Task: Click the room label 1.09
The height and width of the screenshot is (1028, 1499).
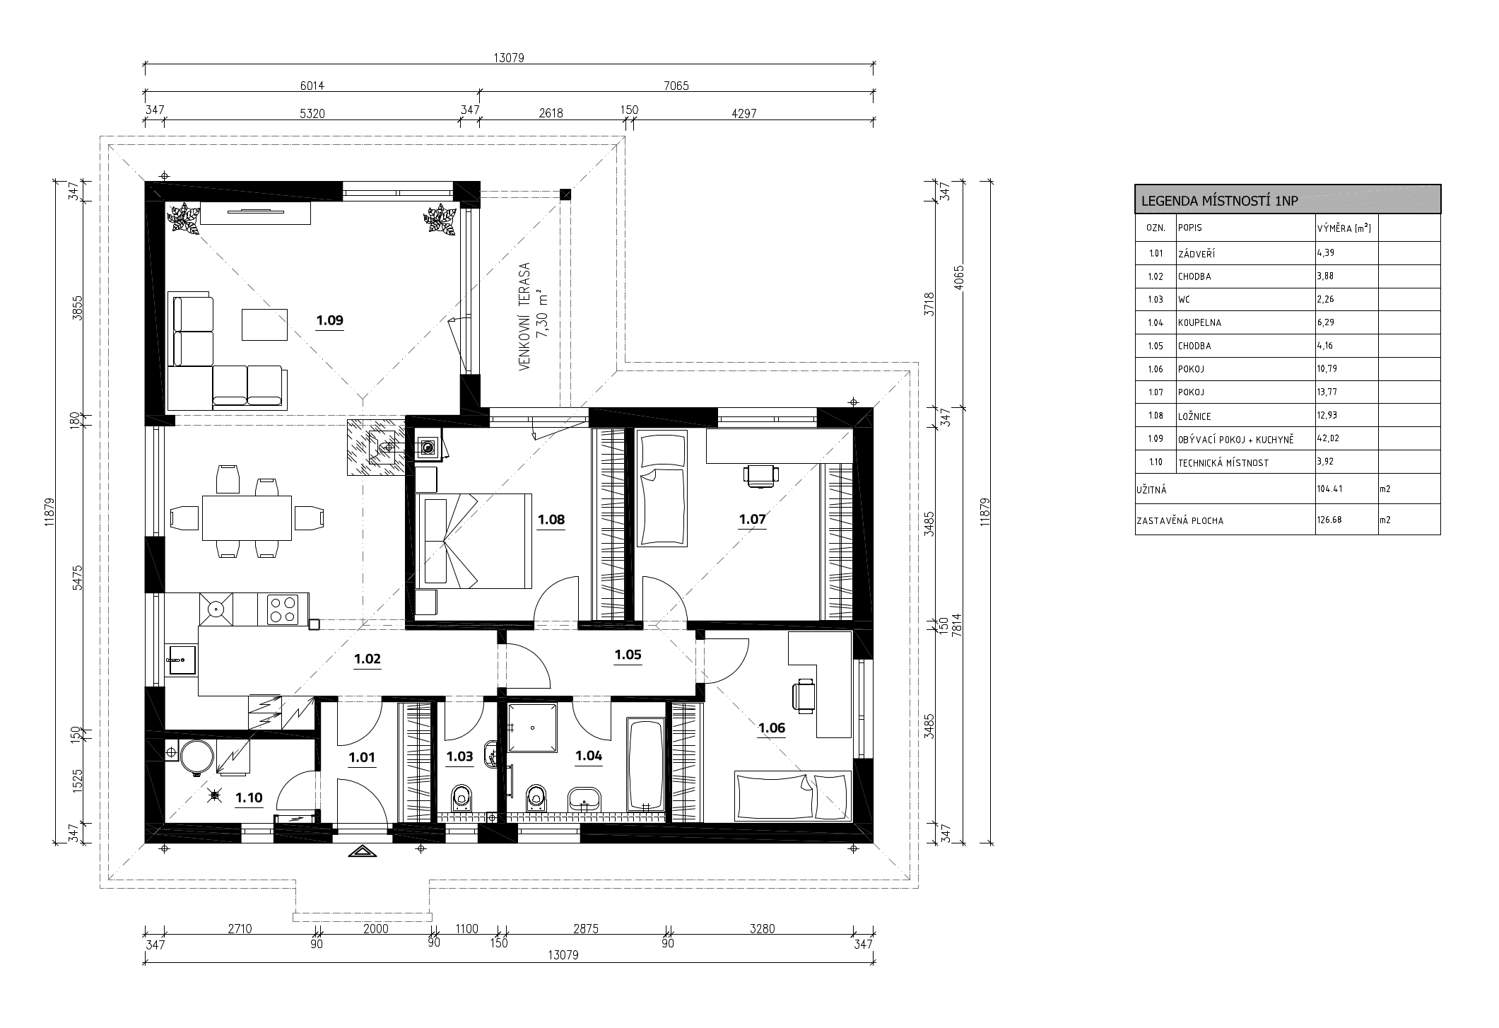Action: (x=329, y=320)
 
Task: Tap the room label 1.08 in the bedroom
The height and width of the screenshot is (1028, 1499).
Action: (x=551, y=520)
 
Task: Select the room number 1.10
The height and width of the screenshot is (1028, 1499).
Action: (x=249, y=798)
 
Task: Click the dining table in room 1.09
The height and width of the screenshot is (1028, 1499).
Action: (x=247, y=518)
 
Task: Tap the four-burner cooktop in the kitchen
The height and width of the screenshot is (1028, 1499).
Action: (x=283, y=609)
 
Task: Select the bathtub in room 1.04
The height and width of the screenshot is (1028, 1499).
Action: (x=646, y=764)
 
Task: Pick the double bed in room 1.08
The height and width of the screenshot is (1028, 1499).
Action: (x=474, y=541)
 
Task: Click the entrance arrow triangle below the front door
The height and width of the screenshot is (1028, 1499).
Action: (x=362, y=852)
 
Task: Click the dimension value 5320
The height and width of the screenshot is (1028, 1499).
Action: (x=312, y=113)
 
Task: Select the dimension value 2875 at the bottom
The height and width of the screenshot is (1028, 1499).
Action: (x=586, y=929)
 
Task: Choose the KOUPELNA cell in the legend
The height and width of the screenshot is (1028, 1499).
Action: (x=1199, y=323)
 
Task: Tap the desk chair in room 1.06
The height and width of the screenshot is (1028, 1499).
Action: (x=804, y=694)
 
